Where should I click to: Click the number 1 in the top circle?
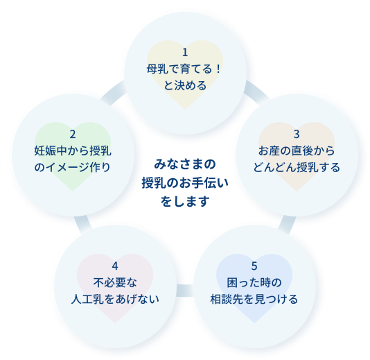pos(185,53)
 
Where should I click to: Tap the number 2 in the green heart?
pos(73,135)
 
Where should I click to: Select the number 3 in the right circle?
pos(297,135)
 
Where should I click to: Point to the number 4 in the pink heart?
pos(115,266)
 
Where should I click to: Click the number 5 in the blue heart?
pos(254,266)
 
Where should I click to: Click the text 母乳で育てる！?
pos(184,69)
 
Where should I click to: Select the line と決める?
pos(185,85)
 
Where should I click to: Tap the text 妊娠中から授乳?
pos(73,151)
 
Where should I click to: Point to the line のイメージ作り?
pos(73,167)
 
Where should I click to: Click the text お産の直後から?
pos(297,151)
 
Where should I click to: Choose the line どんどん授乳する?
pos(297,167)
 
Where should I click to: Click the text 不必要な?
pos(115,282)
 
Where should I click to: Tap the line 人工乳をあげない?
pos(115,299)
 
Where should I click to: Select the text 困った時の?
pos(254,282)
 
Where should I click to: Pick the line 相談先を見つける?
pos(254,299)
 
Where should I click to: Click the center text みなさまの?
pos(185,164)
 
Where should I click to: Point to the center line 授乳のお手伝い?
pos(185,183)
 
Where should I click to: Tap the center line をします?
pos(185,201)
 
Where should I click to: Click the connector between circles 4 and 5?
pos(185,291)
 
